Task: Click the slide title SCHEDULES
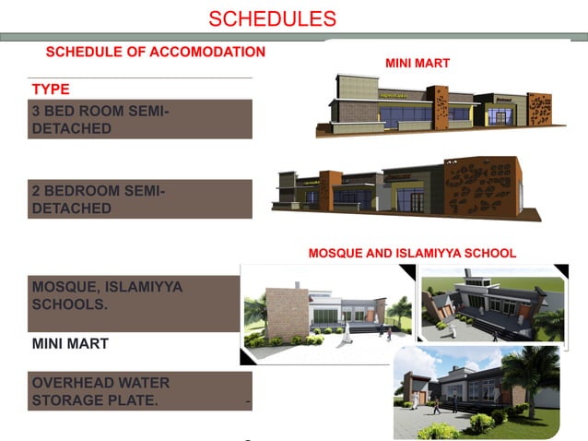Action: click(272, 18)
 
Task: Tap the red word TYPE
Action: click(51, 89)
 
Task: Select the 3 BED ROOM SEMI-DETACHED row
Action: click(139, 120)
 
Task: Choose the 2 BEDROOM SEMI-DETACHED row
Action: click(139, 199)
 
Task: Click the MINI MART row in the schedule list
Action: click(71, 343)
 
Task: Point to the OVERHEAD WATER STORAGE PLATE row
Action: click(138, 391)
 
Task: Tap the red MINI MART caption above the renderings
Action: click(417, 64)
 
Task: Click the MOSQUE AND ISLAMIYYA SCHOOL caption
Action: click(412, 252)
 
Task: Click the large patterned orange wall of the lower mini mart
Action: click(480, 186)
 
